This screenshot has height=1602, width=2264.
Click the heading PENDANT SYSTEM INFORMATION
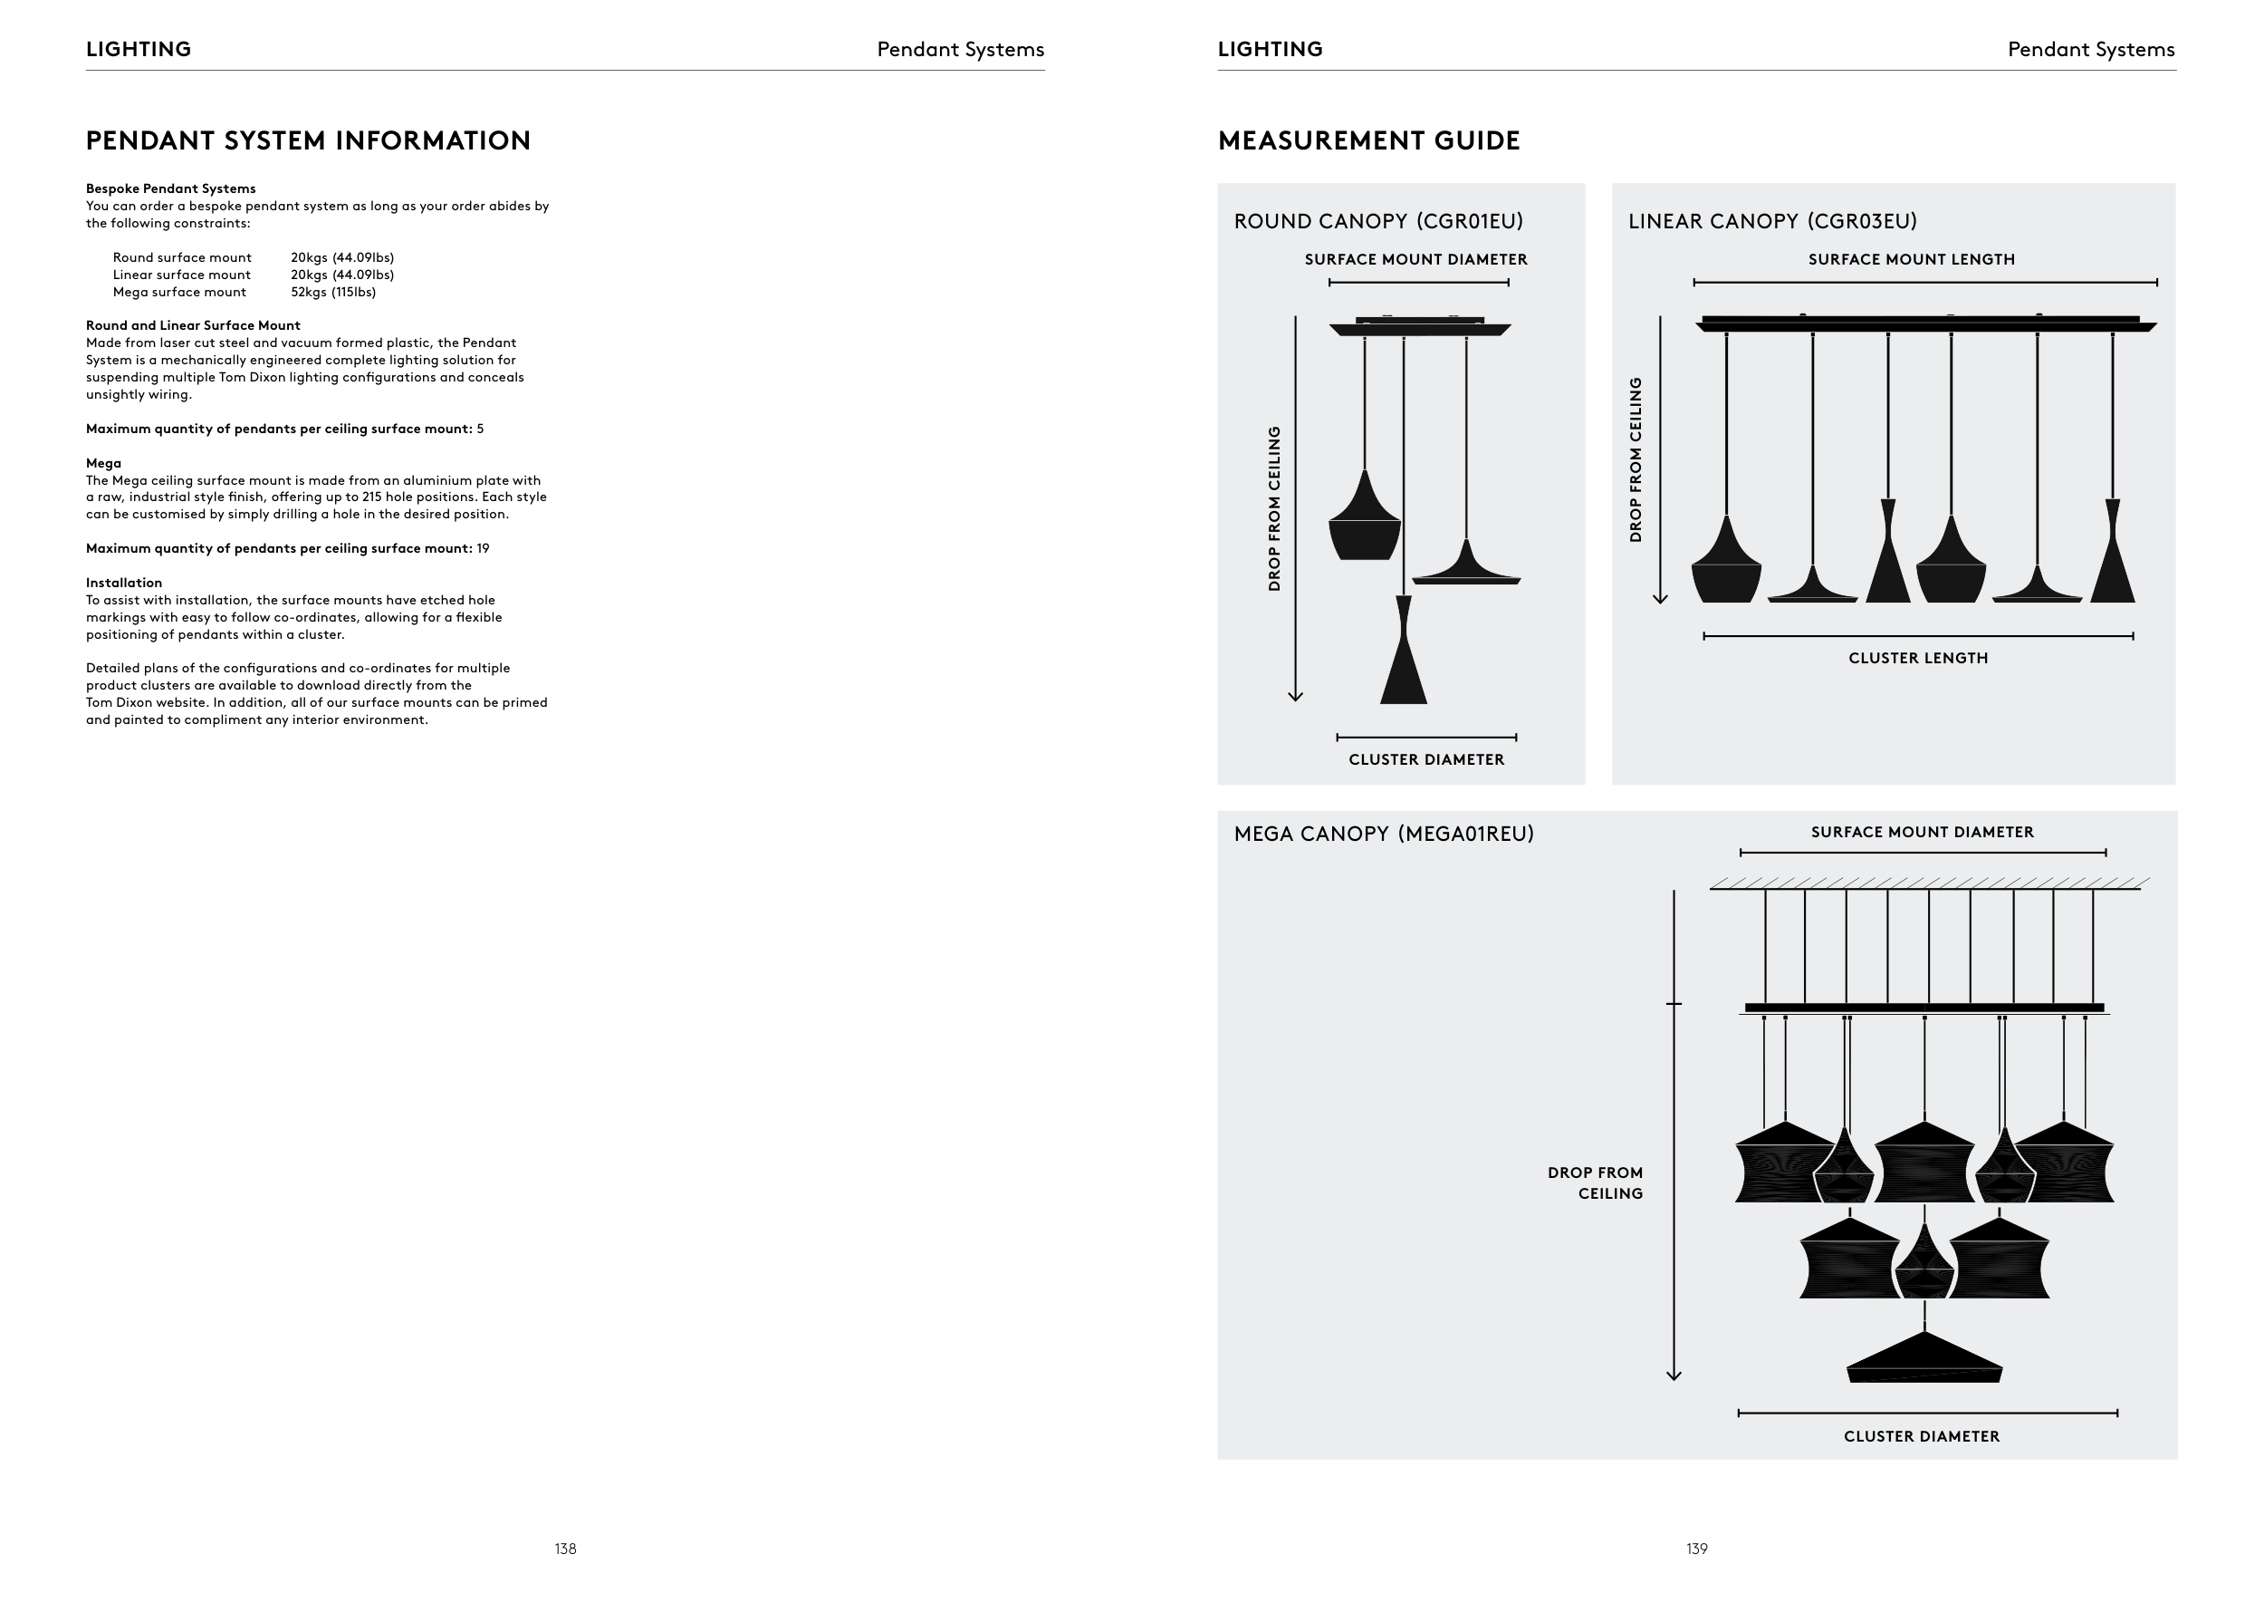308,141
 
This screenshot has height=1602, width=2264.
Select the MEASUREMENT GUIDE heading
1368,141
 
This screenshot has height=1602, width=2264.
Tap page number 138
565,1549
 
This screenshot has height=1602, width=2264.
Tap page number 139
1696,1549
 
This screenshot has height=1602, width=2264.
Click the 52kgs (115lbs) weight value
333,292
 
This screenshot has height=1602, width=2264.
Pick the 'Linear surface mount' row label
181,275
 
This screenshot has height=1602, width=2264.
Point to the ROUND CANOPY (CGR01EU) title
1378,222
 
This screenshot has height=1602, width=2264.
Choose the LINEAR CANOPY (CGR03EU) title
1772,222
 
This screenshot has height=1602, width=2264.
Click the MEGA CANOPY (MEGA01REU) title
1384,835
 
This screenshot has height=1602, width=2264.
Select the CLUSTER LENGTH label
1918,658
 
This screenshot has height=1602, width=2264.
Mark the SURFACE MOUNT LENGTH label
1911,259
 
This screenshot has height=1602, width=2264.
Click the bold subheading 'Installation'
123,583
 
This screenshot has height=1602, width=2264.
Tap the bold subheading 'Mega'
103,463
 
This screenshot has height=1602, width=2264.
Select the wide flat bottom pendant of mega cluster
1923,1361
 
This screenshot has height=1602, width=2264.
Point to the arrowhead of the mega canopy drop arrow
1674,1375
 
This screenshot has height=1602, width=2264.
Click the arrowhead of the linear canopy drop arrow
1661,598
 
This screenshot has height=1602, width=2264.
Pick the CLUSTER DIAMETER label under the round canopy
1425,759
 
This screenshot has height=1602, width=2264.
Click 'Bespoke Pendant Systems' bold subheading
170,188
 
